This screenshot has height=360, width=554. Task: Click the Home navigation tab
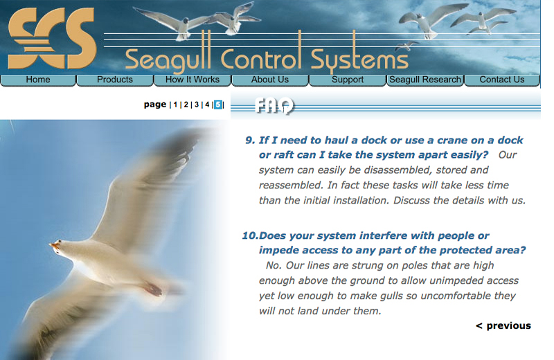pos(38,80)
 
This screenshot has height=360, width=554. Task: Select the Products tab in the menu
pos(115,80)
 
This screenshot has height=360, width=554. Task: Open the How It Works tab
pos(193,80)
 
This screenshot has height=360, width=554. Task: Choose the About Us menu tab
pos(270,80)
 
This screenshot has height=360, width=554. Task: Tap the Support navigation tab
pos(348,80)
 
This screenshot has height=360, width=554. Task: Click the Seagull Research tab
pos(425,80)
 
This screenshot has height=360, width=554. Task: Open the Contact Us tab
pos(502,80)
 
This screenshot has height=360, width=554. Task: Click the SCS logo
pos(52,38)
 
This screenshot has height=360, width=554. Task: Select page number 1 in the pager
pos(175,105)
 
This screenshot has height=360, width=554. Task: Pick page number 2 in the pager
pos(186,105)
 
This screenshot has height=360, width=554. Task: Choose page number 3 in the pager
pos(196,105)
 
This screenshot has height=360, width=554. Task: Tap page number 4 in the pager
pos(206,105)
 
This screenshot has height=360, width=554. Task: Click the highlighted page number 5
pos(218,105)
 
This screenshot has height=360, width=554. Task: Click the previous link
pos(503,325)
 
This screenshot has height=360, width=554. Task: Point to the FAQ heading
pos(274,106)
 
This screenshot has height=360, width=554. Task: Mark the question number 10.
pos(249,235)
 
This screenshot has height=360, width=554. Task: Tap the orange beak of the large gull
pos(54,245)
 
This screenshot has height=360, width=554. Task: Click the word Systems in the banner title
pos(359,60)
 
